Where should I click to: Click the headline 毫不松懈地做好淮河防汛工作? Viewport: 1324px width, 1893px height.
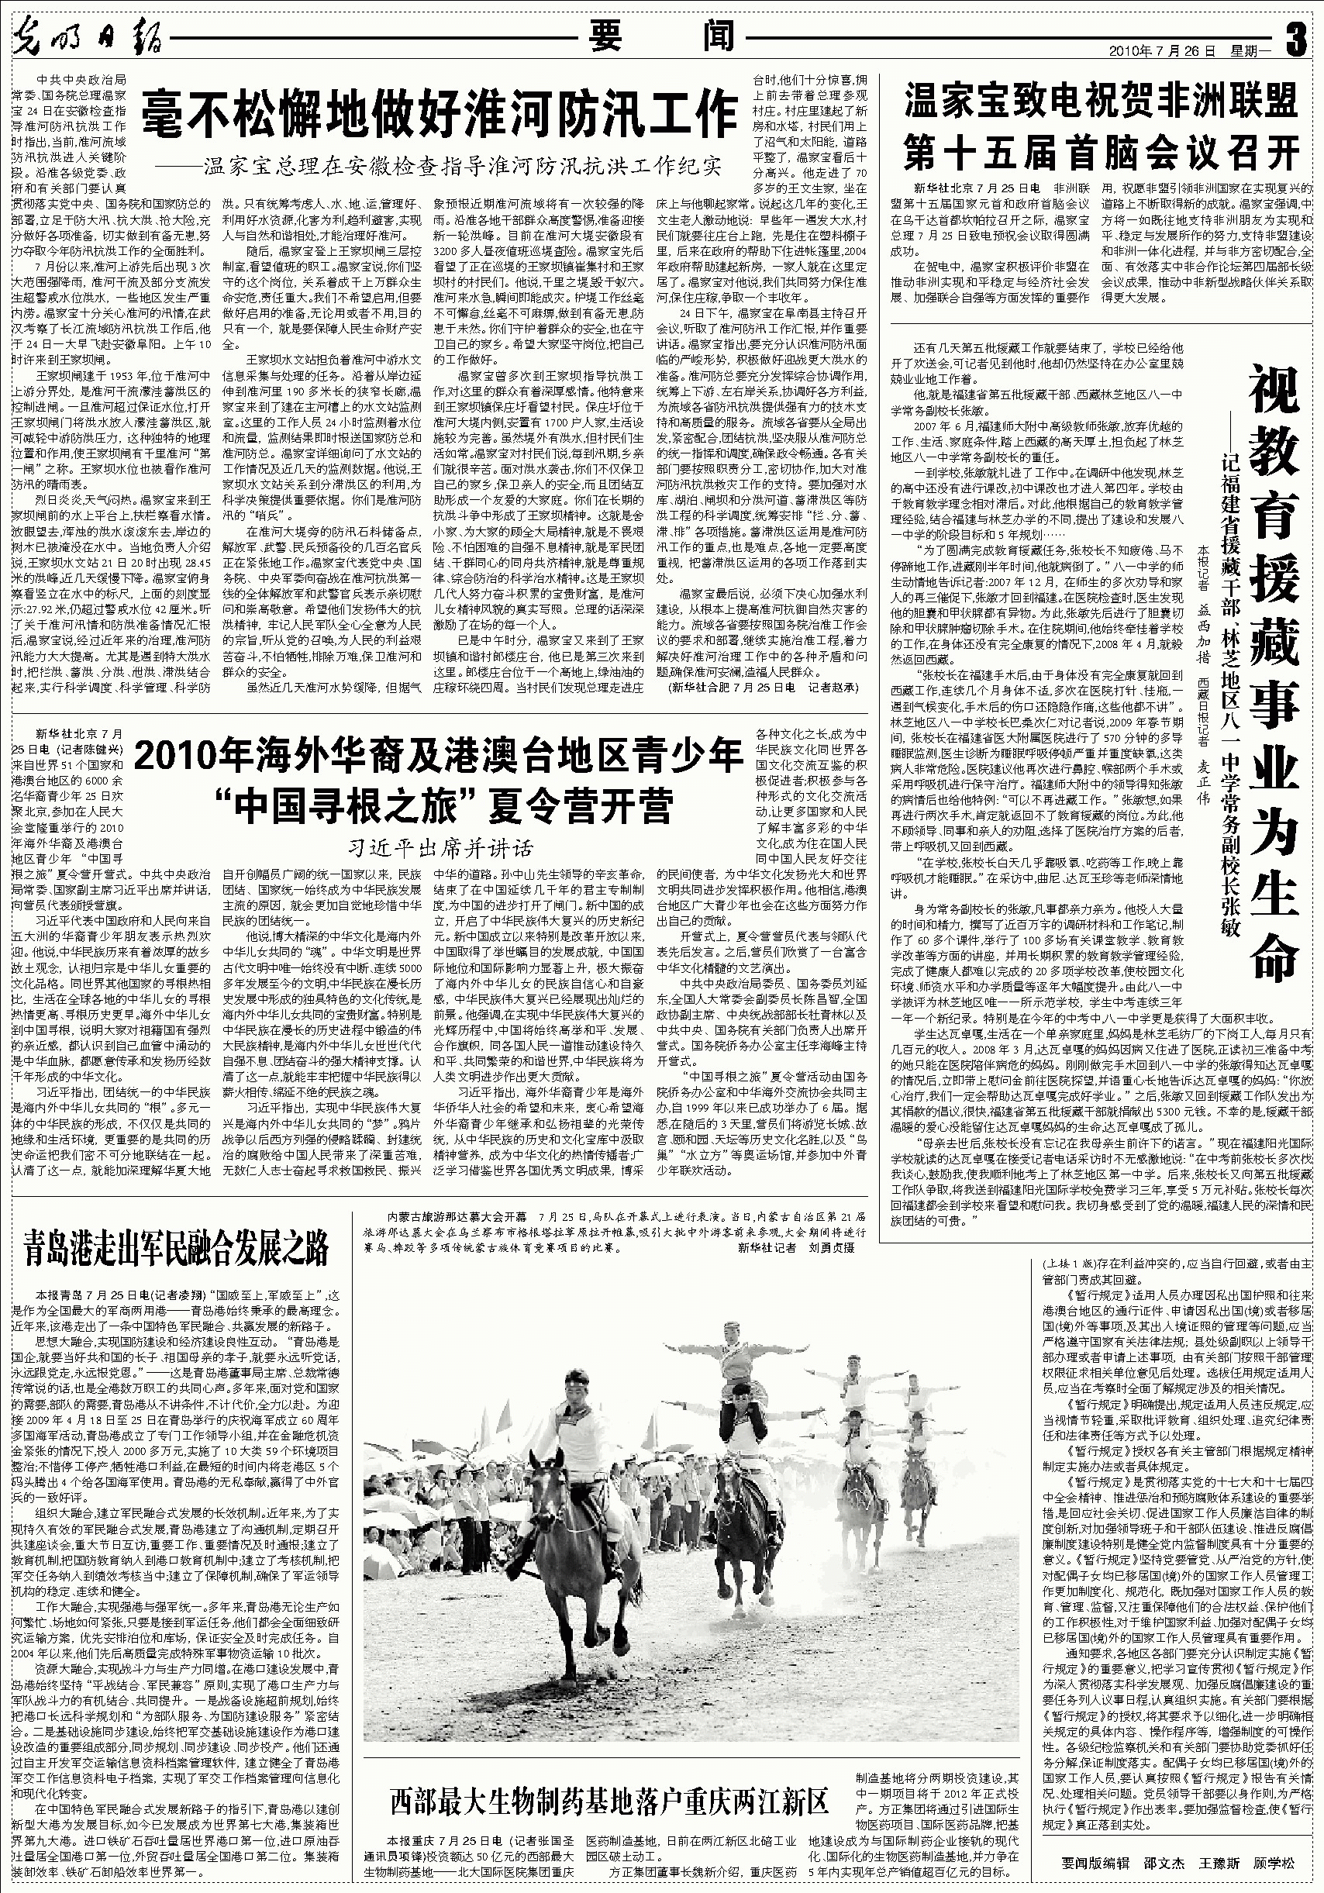pos(439,114)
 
